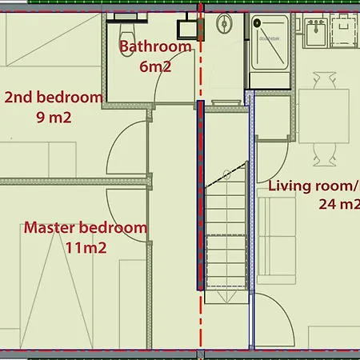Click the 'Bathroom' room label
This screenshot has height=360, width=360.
(155, 46)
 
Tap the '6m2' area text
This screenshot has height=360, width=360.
(155, 66)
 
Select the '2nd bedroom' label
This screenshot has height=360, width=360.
(54, 98)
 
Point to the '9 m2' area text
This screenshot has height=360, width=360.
(54, 118)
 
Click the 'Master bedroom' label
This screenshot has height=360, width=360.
(86, 228)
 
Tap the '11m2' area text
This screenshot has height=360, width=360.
(86, 248)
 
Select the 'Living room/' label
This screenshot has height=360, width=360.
(314, 186)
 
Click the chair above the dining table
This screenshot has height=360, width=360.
(323, 79)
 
